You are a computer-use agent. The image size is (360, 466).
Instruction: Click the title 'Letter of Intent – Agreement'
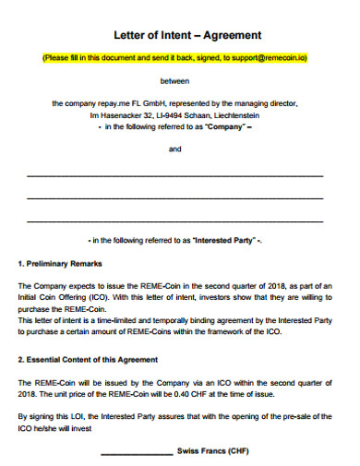click(187, 35)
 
